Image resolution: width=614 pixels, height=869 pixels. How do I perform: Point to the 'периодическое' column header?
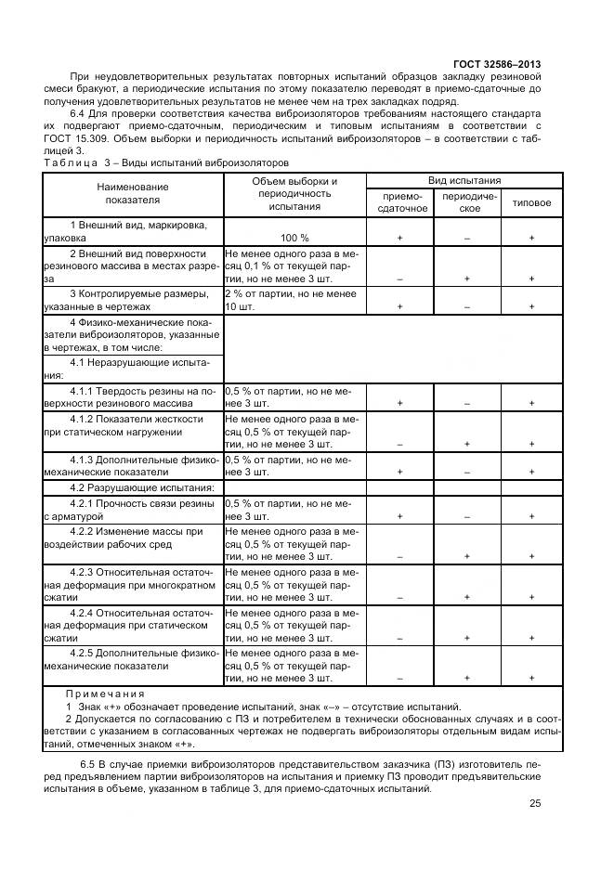point(470,202)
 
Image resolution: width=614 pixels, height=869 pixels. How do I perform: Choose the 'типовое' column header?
point(531,202)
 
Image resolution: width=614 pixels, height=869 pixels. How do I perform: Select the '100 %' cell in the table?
point(294,238)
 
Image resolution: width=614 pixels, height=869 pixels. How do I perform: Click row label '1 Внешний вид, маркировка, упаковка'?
point(131,231)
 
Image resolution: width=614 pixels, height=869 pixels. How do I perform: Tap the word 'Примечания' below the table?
point(105,694)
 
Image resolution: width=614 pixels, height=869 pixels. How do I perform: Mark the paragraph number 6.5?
point(89,763)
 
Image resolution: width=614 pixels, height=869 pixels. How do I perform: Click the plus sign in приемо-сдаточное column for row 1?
point(399,238)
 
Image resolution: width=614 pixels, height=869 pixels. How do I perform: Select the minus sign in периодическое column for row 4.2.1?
point(467,515)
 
